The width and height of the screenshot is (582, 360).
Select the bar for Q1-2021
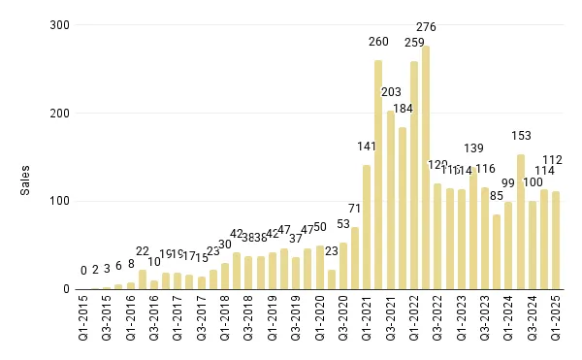(x=367, y=227)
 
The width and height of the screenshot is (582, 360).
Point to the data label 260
(x=378, y=42)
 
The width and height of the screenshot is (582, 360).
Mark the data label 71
(x=355, y=209)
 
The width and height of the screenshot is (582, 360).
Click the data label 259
(x=414, y=43)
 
